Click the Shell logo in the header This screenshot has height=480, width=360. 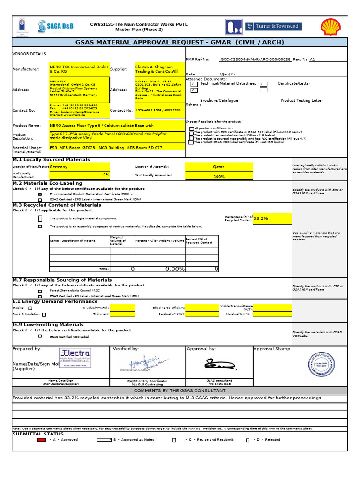click(331, 27)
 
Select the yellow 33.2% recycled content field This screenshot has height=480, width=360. click(272, 218)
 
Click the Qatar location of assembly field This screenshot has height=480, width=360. click(219, 167)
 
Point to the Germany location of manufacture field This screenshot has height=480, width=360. click(79, 167)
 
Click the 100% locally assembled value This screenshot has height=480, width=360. click(219, 176)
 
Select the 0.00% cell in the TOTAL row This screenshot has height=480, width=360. click(160, 269)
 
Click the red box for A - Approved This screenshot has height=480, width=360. click(42, 440)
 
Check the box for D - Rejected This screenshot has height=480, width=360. click(247, 440)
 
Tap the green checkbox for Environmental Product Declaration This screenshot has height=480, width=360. click(40, 194)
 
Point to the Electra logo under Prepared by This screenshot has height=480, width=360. click(75, 358)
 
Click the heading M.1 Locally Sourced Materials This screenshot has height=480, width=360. click(51, 160)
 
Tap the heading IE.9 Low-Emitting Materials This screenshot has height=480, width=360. click(48, 324)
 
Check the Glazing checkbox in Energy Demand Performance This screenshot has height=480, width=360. click(30, 308)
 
